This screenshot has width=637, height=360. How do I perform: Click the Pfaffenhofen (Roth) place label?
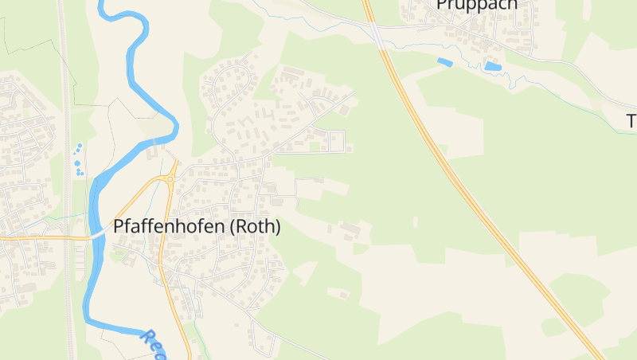(x=197, y=227)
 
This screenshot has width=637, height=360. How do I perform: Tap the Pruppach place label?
(x=476, y=5)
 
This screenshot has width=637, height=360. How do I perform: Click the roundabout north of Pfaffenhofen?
(x=170, y=178)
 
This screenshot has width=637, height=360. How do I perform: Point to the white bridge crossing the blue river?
(x=100, y=233)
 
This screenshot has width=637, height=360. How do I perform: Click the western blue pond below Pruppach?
(x=444, y=61)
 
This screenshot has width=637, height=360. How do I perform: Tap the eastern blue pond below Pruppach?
(x=494, y=67)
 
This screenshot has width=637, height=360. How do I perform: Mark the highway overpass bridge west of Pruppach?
(x=374, y=32)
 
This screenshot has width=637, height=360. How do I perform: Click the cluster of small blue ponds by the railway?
(x=78, y=160)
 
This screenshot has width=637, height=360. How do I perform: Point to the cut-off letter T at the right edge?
(x=631, y=121)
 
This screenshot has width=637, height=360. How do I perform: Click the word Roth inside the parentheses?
(x=255, y=227)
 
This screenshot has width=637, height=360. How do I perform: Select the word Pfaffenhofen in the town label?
(x=168, y=227)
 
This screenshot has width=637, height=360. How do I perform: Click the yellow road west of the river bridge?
(x=48, y=237)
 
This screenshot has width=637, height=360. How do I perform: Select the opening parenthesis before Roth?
(x=232, y=227)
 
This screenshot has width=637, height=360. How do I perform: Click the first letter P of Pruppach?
(x=441, y=5)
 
